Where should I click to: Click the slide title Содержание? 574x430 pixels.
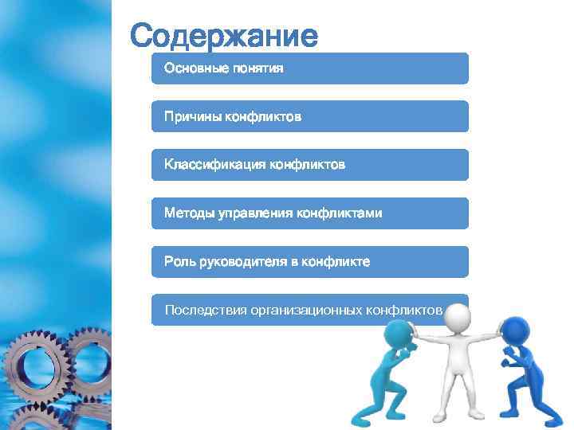[224, 36]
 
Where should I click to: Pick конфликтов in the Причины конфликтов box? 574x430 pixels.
[263, 117]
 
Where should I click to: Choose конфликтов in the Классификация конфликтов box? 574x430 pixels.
[308, 166]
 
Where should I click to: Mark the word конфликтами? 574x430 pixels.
[339, 213]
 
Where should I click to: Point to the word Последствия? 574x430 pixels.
[206, 310]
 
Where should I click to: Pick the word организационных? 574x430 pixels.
[306, 310]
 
